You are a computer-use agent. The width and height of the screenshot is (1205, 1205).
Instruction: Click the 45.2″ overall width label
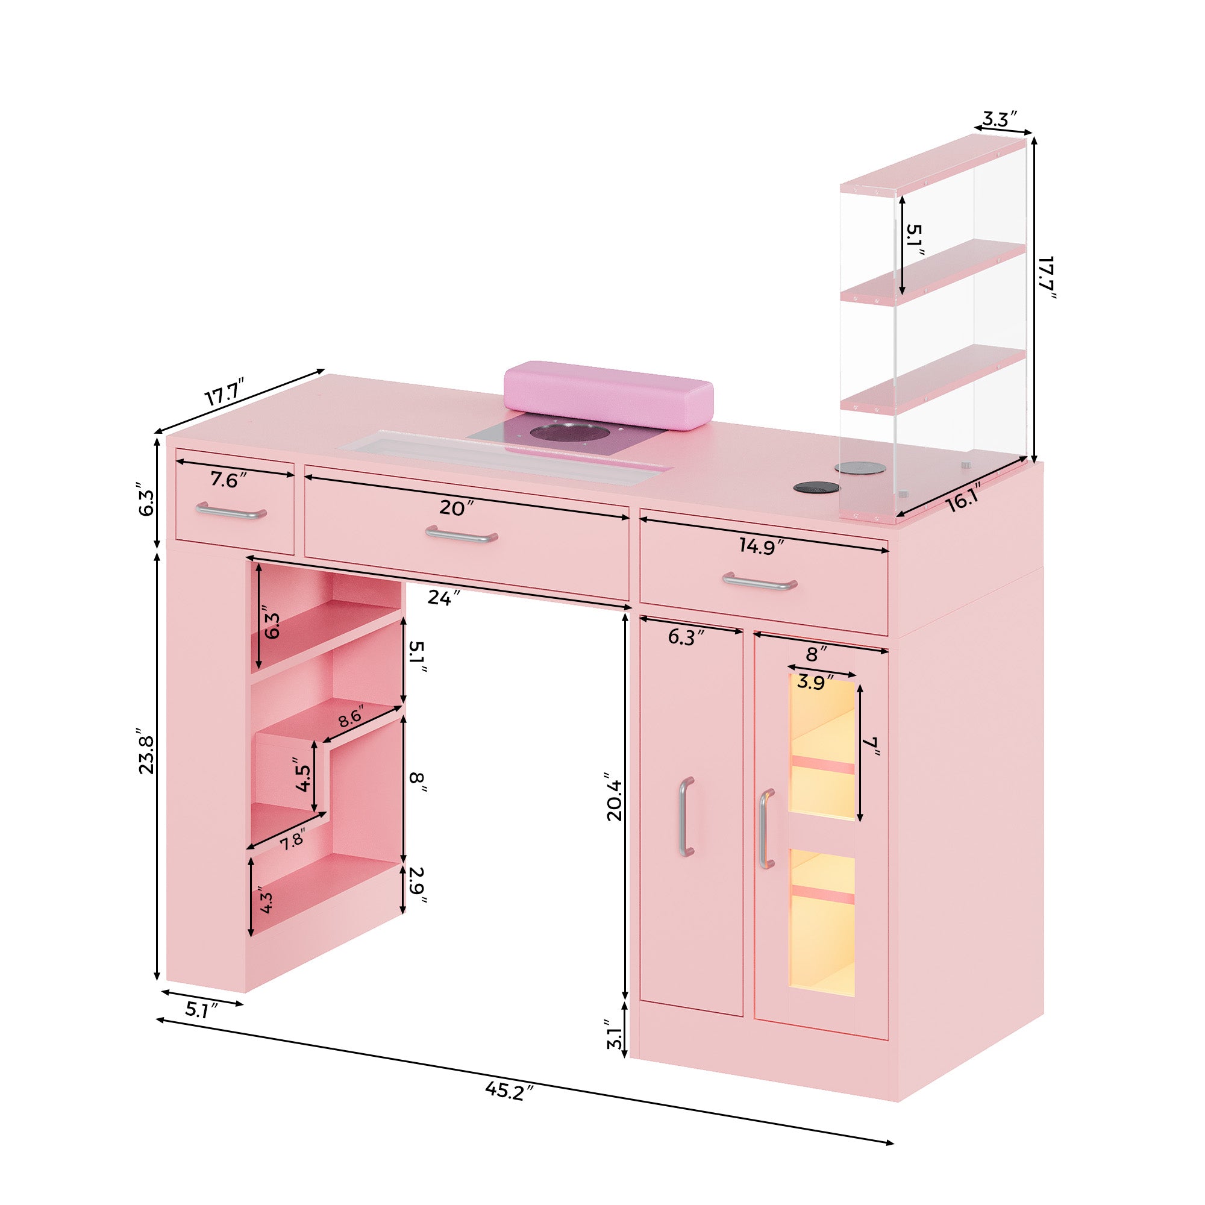point(510,1092)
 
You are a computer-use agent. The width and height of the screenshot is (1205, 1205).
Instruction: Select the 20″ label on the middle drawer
point(452,509)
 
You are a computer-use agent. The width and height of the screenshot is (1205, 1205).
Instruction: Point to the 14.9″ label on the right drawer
point(761,546)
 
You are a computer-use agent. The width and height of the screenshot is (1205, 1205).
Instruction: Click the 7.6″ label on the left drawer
point(228,481)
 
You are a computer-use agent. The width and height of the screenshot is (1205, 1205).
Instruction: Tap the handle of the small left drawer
point(231,512)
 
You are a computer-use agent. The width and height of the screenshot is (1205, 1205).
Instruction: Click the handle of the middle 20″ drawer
point(462,535)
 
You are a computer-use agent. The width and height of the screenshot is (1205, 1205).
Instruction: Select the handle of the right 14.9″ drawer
point(760,583)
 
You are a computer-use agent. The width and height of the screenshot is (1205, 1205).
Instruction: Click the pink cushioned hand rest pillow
point(608,395)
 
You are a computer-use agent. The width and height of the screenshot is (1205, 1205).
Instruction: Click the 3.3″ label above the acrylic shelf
point(1000,119)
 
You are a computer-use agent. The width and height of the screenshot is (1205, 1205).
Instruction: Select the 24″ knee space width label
point(444,598)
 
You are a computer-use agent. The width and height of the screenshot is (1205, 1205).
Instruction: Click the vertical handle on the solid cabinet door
point(686,818)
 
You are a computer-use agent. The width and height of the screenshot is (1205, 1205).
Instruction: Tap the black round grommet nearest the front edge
point(816,489)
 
